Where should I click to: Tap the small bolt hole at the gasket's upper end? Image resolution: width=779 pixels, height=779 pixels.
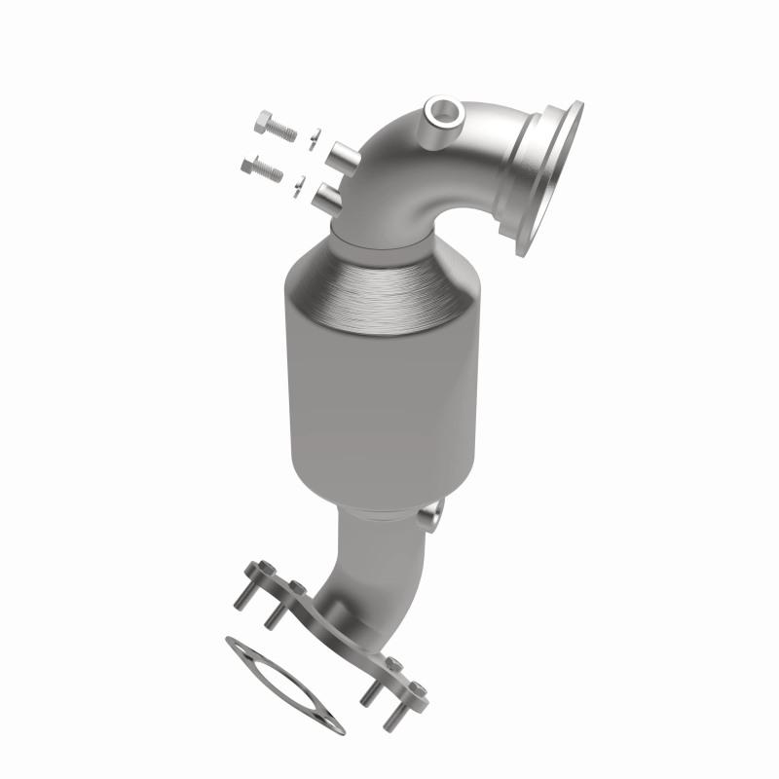tap(235, 644)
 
